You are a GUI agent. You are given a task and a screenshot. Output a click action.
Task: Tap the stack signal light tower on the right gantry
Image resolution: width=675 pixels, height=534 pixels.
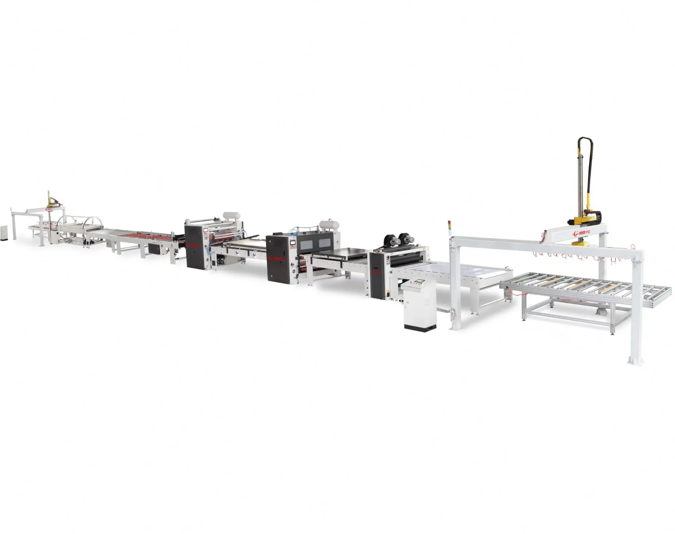tap(449, 226)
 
